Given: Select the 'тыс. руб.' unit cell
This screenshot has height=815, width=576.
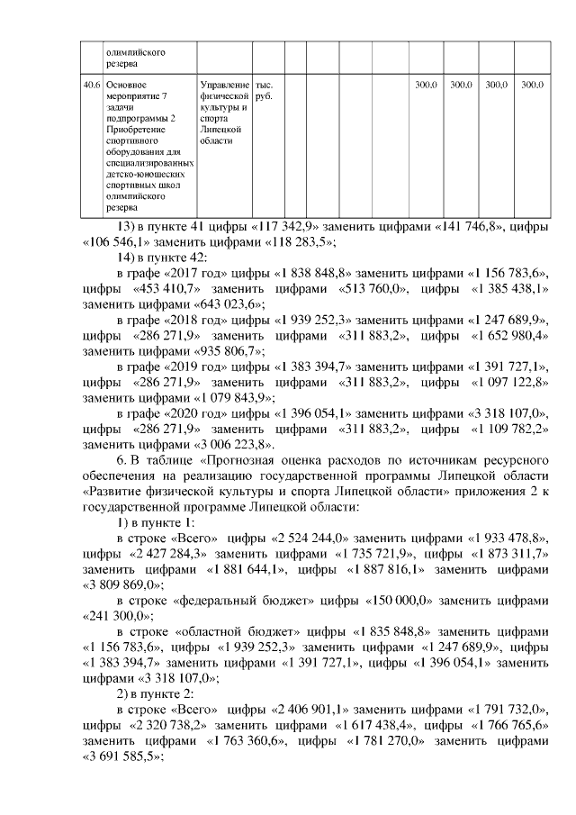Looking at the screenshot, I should point(266,90).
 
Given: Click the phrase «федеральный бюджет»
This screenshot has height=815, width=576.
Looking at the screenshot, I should point(235,600).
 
